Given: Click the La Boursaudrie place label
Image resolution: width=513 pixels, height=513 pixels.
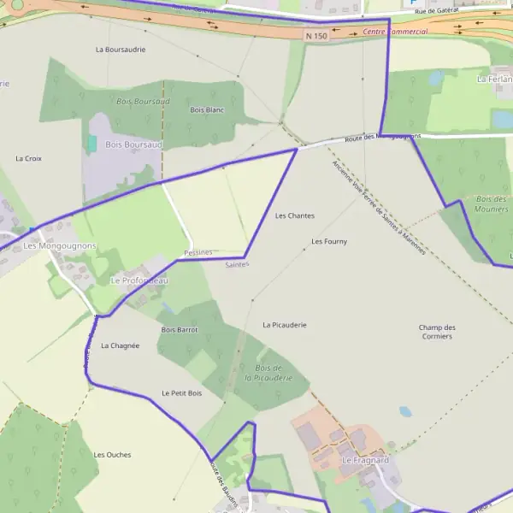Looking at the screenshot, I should (121, 50).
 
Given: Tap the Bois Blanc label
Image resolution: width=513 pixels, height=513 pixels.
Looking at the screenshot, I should (207, 110).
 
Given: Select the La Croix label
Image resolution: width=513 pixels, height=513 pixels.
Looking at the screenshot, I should (28, 158).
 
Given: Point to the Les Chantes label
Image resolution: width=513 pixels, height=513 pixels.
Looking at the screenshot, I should (295, 215).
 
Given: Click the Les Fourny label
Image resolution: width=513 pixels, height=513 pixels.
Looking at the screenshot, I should (329, 242).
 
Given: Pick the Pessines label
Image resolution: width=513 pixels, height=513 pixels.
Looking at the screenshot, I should (198, 252).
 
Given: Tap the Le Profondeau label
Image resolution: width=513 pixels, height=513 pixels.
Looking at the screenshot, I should (139, 280).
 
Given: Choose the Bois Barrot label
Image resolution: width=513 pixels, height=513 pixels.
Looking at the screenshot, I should (180, 329).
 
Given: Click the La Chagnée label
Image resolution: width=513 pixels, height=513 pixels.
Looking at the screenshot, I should (120, 345).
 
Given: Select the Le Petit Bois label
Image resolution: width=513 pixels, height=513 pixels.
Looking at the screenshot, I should (181, 393).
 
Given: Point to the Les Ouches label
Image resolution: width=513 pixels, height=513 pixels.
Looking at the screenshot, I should (112, 455).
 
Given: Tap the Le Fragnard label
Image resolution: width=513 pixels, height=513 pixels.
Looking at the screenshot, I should (365, 460).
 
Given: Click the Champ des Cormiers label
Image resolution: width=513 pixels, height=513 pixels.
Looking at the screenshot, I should (437, 332).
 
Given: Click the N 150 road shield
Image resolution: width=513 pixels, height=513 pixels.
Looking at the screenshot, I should (315, 36).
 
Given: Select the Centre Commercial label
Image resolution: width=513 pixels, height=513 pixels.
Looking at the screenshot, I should (395, 32).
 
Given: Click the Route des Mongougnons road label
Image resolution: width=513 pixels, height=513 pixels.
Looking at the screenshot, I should (382, 138).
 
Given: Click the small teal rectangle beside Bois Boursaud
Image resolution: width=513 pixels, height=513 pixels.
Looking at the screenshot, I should (91, 144).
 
